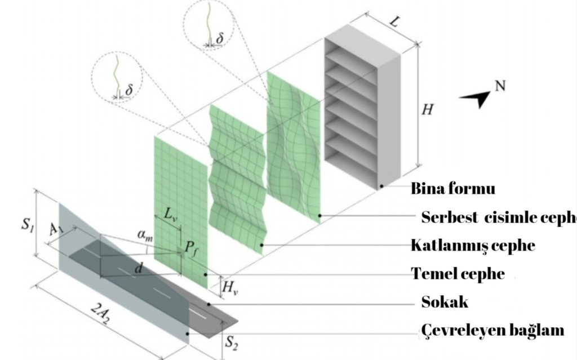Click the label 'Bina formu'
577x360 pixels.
click(453, 188)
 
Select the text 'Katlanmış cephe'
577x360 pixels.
click(472, 246)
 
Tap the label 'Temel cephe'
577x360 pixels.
click(458, 274)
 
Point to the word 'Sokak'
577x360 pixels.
click(445, 302)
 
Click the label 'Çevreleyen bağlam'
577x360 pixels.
click(492, 330)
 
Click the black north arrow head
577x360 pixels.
click(476, 100)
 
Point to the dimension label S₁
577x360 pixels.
click(26, 224)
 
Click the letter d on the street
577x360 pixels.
click(137, 270)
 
